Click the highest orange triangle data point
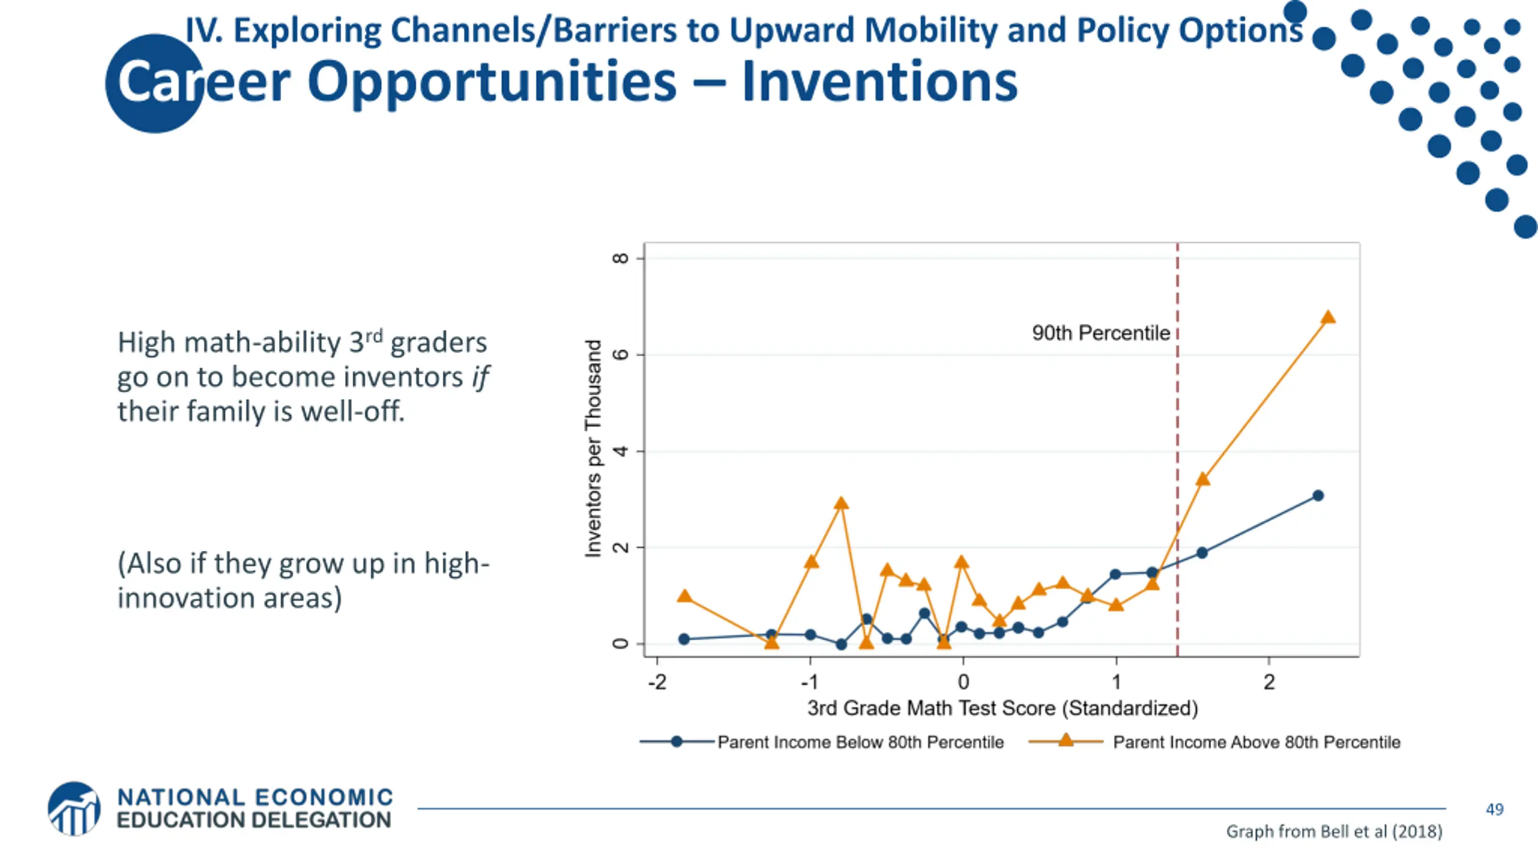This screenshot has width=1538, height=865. coord(1328,317)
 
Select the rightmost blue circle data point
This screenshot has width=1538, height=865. coord(1318,496)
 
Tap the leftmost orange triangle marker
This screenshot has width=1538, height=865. coord(684,596)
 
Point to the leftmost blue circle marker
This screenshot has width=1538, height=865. coord(684,639)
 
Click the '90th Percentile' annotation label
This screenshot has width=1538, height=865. coord(1101,333)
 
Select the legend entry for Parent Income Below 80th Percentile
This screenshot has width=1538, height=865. coord(860,742)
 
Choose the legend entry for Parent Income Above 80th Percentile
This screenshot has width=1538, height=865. coord(1256,742)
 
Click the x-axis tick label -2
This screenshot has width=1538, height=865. coord(657,682)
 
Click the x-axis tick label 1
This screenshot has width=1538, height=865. coord(1116,682)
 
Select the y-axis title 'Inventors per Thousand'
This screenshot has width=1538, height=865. coord(594,448)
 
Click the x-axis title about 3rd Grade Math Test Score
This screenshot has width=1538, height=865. coord(1002,709)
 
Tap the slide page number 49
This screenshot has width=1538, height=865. coord(1494,810)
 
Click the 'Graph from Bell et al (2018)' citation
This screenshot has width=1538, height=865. coord(1334,832)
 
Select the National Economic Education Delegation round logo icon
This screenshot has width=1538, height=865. coord(74,809)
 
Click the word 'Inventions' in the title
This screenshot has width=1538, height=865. coord(880,82)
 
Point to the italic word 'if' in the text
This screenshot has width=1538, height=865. coord(481,377)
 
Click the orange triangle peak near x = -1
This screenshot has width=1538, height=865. coord(841,503)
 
